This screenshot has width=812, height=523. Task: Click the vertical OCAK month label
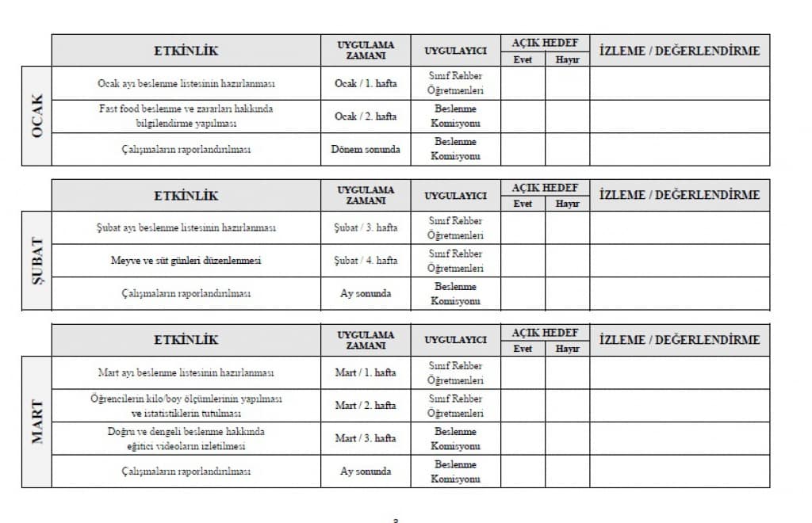pos(36,116)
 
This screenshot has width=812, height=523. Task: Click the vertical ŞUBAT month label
pos(36,261)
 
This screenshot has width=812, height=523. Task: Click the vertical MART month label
pos(36,422)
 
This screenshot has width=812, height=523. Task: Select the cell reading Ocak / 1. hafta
pos(366,83)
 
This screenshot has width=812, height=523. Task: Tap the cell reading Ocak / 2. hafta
pos(366,116)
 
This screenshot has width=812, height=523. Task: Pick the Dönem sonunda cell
pos(366,149)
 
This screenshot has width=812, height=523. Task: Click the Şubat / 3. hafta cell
pos(366,227)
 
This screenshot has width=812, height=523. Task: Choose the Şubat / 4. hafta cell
pos(366,260)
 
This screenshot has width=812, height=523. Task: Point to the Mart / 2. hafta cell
pos(366,405)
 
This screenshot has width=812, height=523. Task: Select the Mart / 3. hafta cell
pos(366,438)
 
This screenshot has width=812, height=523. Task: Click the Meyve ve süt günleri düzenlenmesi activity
pos(186,260)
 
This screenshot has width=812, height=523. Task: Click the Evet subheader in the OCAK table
pos(523,59)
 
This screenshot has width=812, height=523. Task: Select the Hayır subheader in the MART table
pos(567,349)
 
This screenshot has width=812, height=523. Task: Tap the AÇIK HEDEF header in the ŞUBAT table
pos(545,188)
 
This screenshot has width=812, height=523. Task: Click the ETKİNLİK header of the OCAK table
pos(186,51)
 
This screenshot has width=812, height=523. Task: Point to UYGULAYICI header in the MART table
pos(455,340)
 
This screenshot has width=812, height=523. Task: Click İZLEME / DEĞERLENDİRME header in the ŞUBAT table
pos(680,195)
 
